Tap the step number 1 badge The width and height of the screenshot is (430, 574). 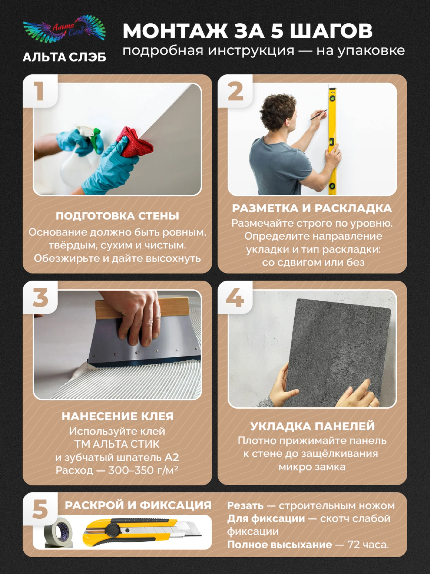point(40,91)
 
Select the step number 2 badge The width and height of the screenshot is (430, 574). point(235,91)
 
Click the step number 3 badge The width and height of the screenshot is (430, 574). point(40,297)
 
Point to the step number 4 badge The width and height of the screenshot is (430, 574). point(235,297)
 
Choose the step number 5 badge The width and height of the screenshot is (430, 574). point(40,510)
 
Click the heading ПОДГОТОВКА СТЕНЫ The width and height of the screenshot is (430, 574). point(117,216)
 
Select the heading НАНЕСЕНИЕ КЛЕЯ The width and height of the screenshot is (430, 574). point(118,416)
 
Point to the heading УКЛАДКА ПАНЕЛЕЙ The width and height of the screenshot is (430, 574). point(312,426)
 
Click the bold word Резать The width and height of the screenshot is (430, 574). point(245,506)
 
